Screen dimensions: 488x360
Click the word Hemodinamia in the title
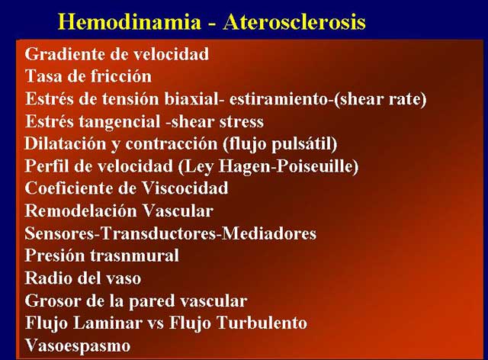130,22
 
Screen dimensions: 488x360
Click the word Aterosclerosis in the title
294,22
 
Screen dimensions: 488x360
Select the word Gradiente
66,54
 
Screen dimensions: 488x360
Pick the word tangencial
120,121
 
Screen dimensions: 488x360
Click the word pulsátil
304,144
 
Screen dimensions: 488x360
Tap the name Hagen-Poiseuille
288,166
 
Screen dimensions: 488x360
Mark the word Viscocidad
185,188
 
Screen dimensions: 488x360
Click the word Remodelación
81,211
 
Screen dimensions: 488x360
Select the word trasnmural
134,256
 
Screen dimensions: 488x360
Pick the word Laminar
108,323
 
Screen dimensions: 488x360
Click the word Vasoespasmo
78,346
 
